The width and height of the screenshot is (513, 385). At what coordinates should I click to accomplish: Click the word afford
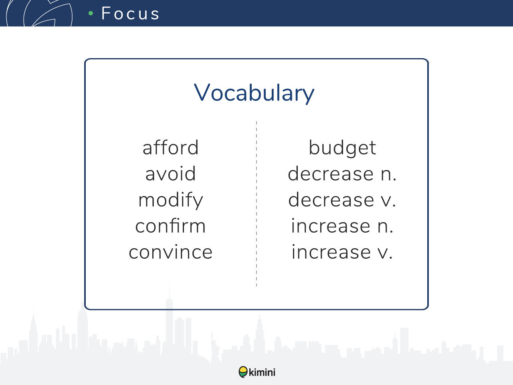171,148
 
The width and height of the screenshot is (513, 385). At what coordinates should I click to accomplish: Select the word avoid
171,174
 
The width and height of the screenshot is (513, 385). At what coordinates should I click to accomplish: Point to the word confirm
171,226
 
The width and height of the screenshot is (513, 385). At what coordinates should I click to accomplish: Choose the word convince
171,252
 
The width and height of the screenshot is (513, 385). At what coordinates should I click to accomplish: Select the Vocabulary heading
254,93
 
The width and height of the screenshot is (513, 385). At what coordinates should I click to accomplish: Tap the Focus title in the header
130,13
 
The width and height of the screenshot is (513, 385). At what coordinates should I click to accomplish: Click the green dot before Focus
91,13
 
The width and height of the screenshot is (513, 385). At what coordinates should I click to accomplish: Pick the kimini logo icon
243,372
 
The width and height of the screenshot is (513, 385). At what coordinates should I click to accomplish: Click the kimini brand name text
262,372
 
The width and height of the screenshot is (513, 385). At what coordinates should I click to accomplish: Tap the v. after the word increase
385,253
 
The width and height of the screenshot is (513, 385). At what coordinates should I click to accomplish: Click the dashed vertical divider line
256,204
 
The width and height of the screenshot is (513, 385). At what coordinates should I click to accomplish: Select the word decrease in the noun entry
331,174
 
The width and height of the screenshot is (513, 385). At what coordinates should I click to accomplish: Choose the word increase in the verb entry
331,251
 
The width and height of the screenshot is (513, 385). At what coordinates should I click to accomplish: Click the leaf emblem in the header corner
39,13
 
